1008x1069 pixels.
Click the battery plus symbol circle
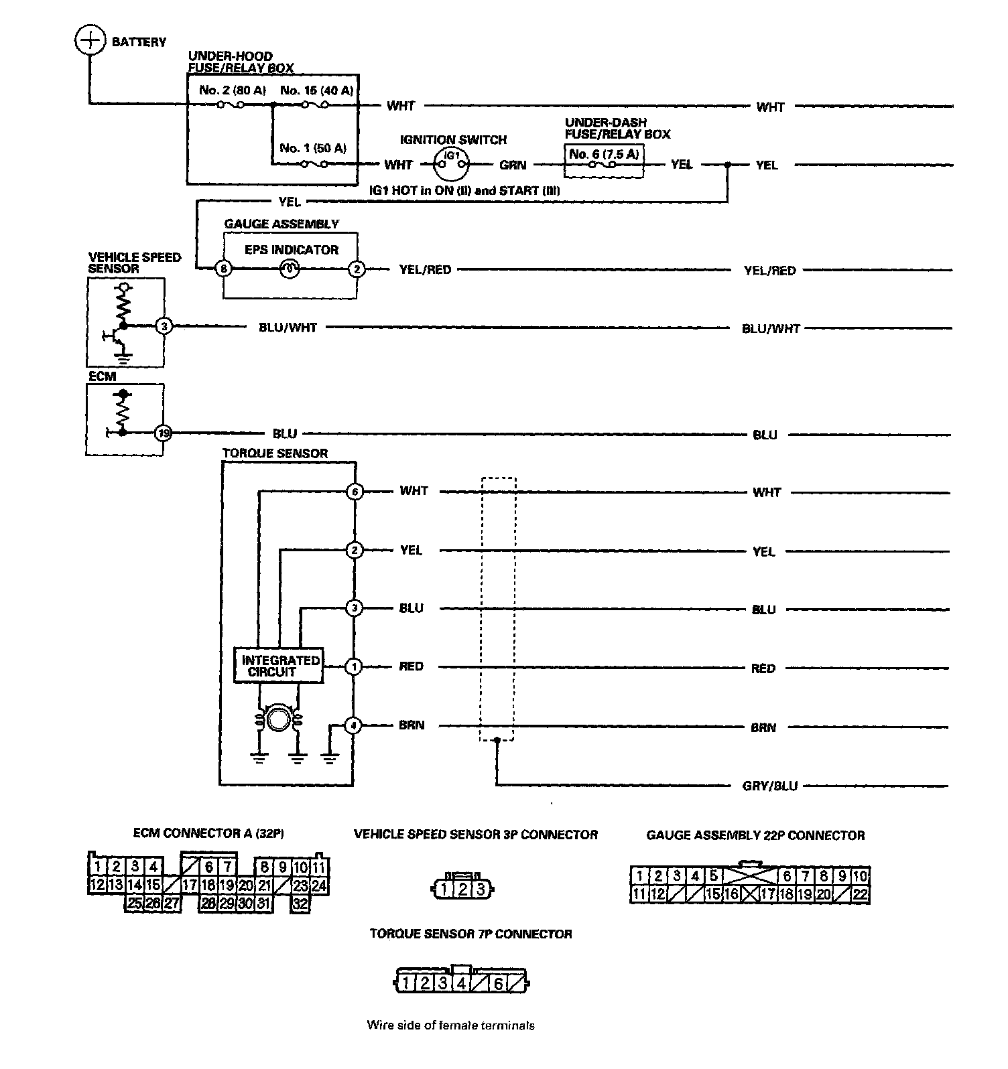tap(89, 41)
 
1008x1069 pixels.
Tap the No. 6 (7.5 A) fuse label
tap(604, 154)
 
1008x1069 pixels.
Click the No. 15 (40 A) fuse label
tap(317, 90)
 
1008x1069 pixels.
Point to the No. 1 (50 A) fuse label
tap(313, 148)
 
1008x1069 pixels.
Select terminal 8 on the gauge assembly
tap(224, 269)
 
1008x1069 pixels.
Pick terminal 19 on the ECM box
tap(163, 433)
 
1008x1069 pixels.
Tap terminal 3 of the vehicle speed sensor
tap(164, 327)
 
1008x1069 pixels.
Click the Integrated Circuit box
tap(279, 666)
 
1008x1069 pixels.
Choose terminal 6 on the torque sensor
tap(355, 492)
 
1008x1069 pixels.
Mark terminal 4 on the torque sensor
tap(354, 725)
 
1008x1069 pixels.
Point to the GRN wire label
tap(513, 165)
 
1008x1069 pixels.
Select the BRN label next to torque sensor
tap(412, 725)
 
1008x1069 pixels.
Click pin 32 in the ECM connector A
tap(300, 904)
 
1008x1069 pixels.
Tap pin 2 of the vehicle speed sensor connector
tap(462, 890)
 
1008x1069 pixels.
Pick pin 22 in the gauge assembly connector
tap(860, 894)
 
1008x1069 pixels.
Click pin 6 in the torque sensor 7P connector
tap(498, 983)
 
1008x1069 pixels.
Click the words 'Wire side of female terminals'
tap(450, 1025)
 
